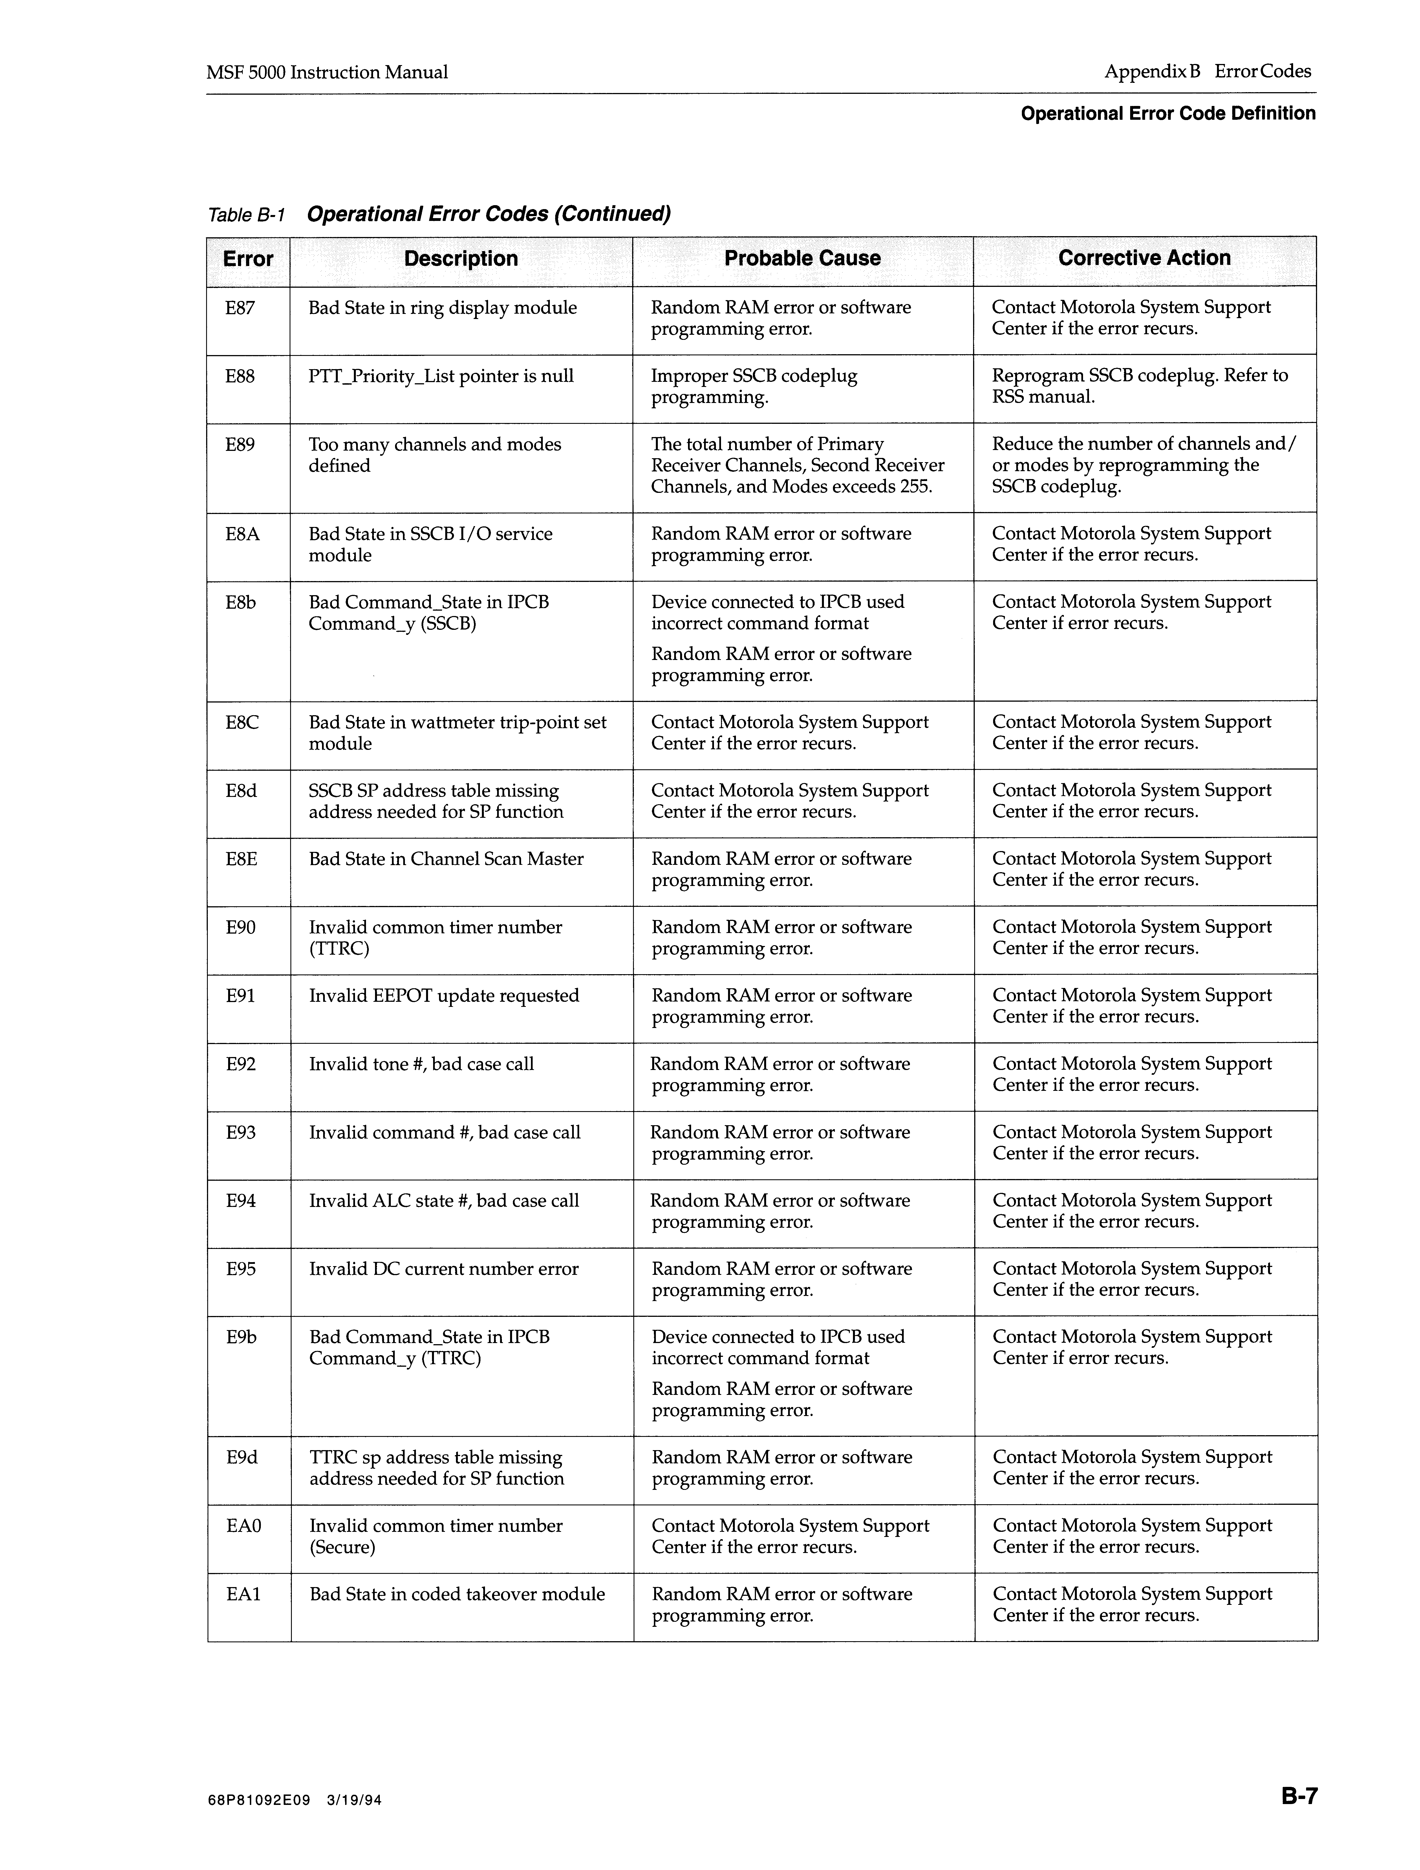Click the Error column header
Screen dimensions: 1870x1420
click(x=248, y=259)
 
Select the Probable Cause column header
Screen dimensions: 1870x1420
click(x=802, y=259)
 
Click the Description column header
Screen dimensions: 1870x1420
click(x=461, y=259)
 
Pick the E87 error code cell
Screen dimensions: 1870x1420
click(x=240, y=308)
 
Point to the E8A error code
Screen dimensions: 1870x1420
click(x=242, y=534)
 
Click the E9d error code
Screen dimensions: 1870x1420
click(x=242, y=1457)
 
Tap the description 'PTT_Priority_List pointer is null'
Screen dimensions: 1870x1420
click(x=441, y=376)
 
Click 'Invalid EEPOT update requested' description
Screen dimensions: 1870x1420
click(x=444, y=996)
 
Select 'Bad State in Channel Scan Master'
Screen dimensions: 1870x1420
click(x=446, y=859)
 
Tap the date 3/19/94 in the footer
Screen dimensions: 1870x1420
click(x=354, y=1824)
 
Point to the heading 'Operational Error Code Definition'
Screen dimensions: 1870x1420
click(x=1168, y=113)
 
